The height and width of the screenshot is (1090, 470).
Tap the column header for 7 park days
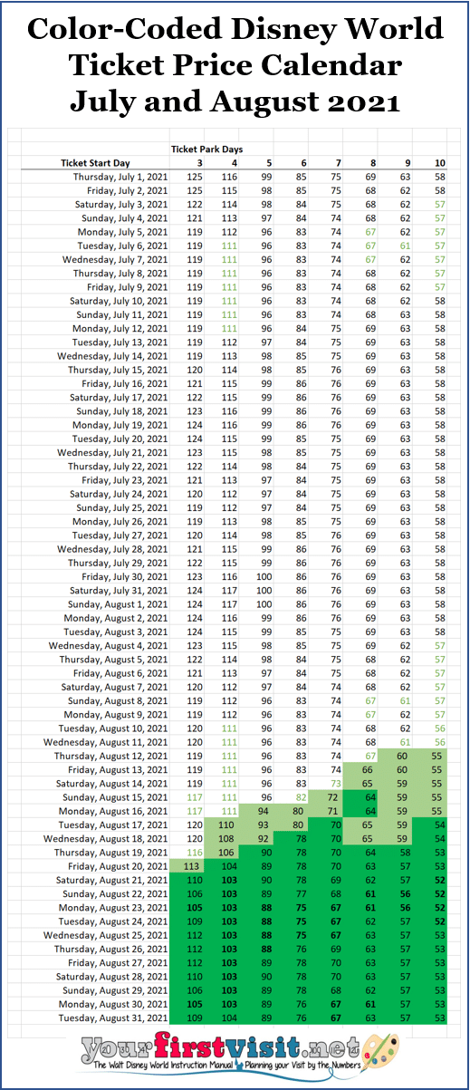coord(336,162)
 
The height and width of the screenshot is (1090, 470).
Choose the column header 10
coord(439,162)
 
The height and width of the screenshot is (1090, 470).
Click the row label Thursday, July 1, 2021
coord(120,177)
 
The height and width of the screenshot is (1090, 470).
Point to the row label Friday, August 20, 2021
coord(120,866)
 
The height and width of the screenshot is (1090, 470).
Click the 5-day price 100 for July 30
coord(264,576)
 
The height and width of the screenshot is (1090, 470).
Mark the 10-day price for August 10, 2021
coord(439,728)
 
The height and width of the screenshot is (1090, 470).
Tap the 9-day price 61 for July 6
coord(405,246)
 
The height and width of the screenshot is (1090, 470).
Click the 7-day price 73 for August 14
coord(336,783)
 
